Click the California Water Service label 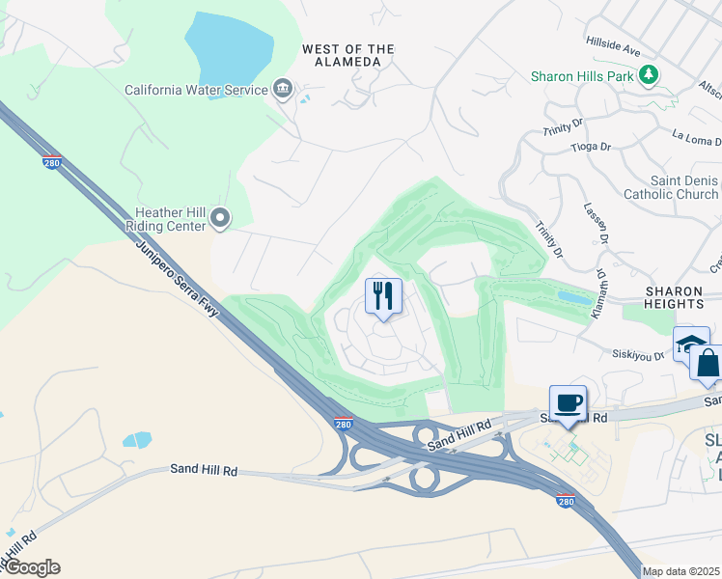pos(195,90)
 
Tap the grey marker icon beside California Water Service pos(283,90)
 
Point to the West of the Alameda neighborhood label pos(348,55)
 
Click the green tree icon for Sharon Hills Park pos(650,74)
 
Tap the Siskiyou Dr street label pos(639,355)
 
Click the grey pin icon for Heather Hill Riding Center pos(221,219)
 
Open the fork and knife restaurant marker pos(383,296)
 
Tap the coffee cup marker pos(568,403)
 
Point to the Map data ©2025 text pos(680,571)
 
